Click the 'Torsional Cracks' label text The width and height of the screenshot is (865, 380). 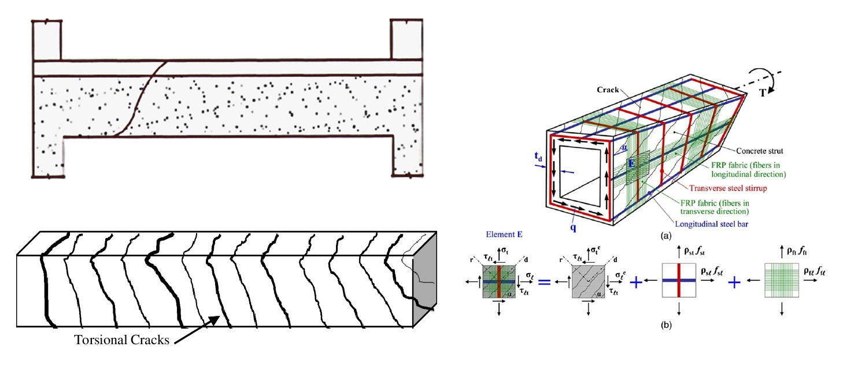tap(121, 340)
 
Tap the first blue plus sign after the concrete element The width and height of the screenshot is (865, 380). tap(636, 283)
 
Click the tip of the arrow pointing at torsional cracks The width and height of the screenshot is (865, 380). tap(220, 315)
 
